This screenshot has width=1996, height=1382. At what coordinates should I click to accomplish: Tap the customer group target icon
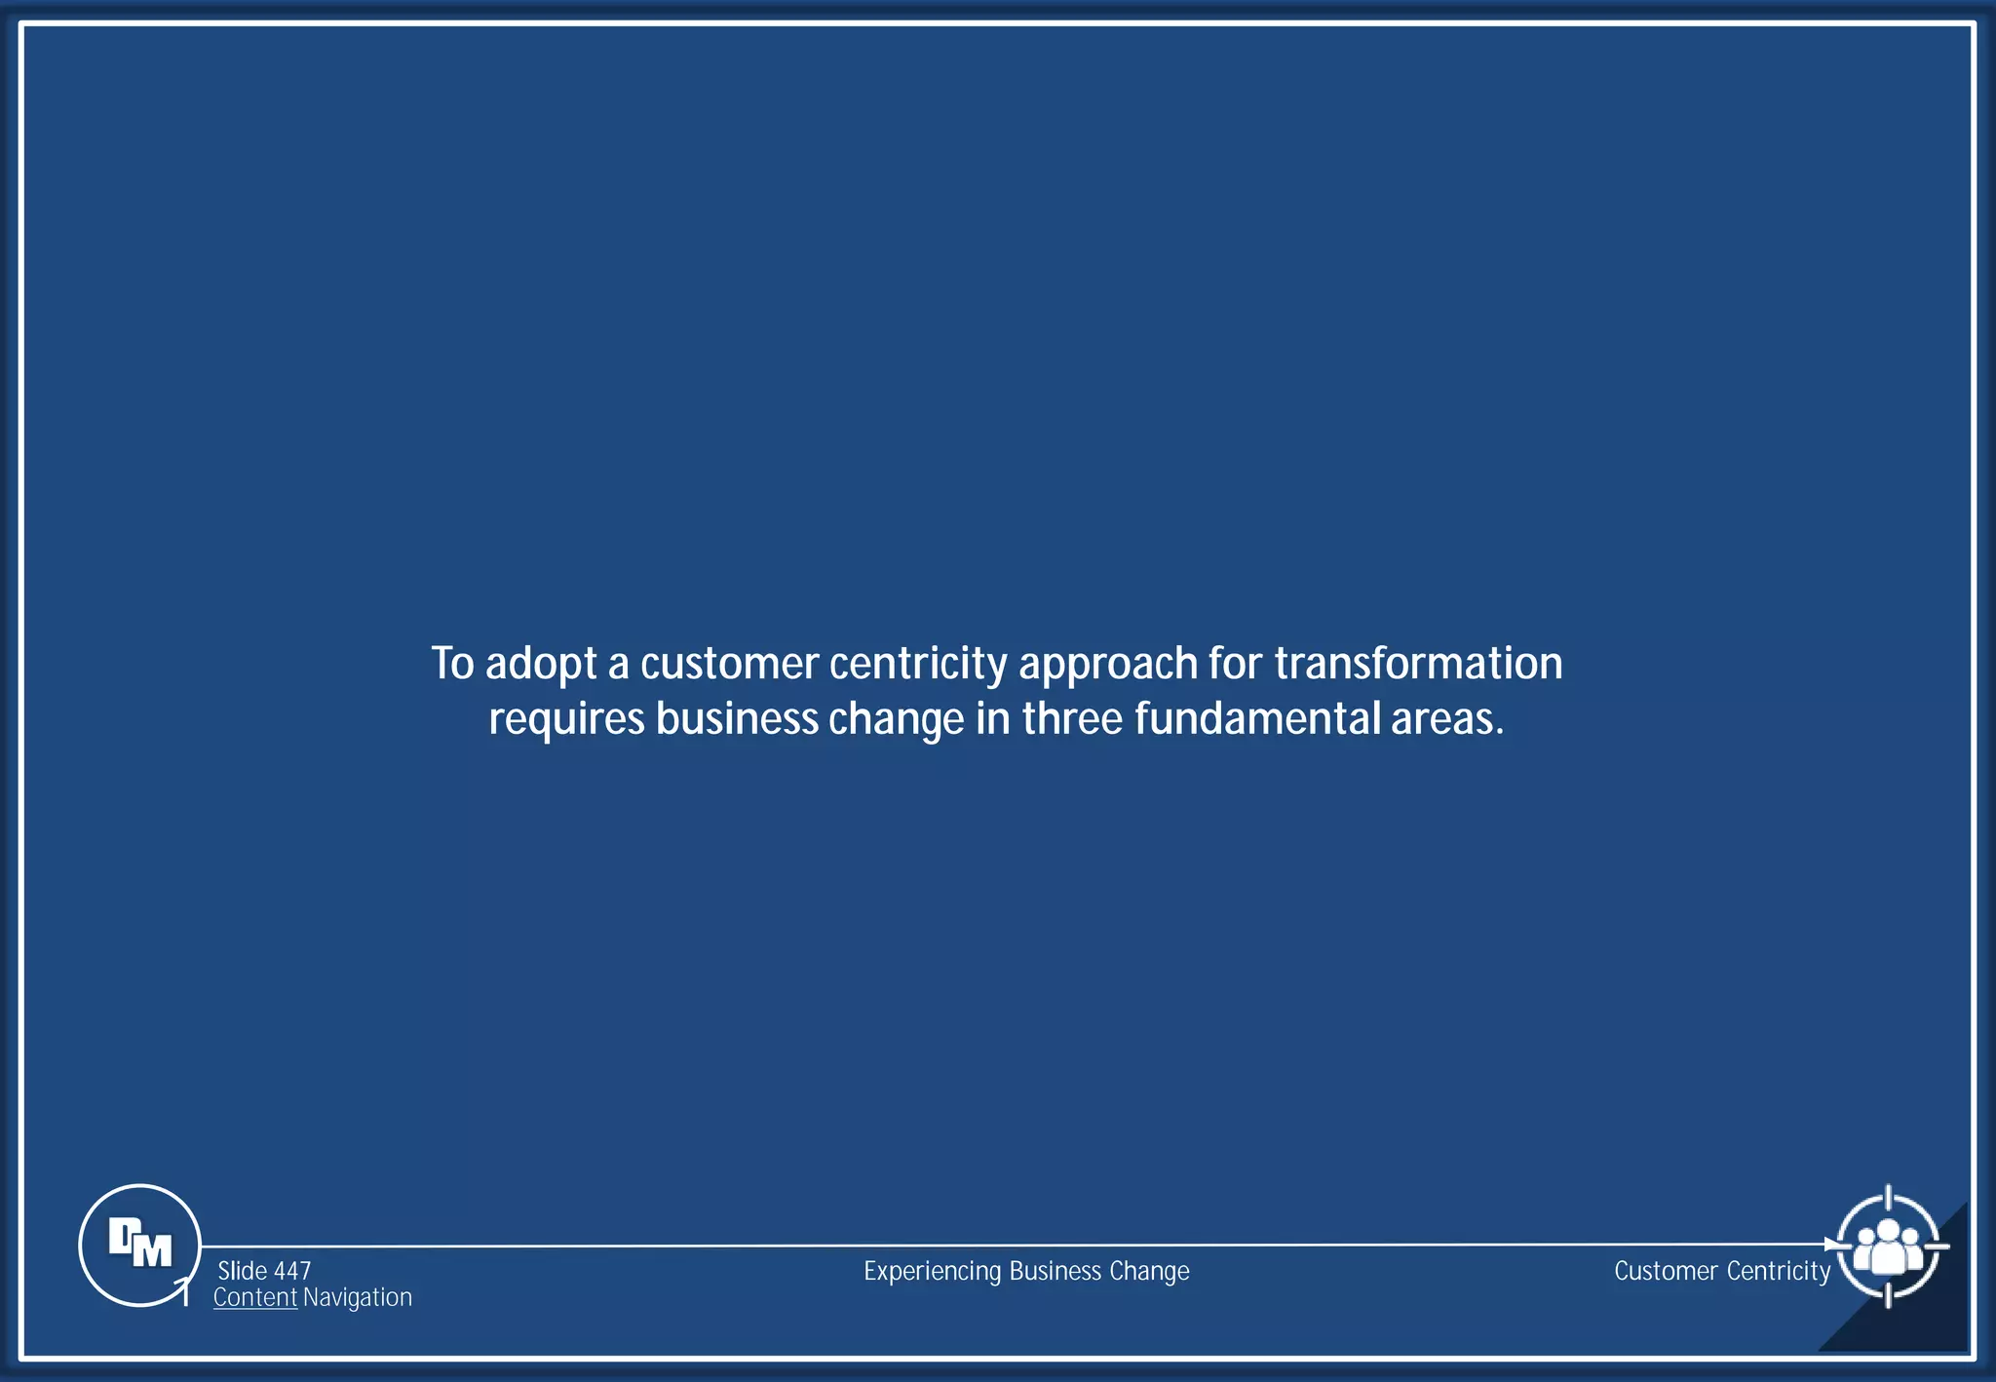point(1888,1246)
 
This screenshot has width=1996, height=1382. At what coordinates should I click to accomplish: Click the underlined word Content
point(254,1297)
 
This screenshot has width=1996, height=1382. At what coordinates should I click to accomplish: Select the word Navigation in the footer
point(358,1297)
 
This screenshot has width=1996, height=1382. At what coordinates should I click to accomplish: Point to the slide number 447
point(292,1271)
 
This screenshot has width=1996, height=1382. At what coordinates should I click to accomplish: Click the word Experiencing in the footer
point(933,1271)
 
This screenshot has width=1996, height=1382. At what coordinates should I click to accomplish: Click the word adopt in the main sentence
point(541,665)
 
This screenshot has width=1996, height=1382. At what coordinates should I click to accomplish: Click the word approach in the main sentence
point(1108,665)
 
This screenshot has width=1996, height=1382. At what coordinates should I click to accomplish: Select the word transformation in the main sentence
point(1418,664)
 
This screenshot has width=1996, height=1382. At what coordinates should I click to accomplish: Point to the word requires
point(566,720)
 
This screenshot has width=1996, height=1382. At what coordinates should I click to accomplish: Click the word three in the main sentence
point(1072,719)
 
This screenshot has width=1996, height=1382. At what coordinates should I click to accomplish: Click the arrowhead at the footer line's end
point(1831,1245)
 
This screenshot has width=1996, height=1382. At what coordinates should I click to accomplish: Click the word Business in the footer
point(1056,1271)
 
